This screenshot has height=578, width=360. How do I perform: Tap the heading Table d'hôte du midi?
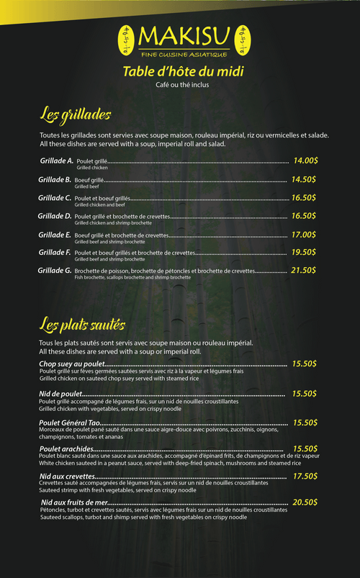click(183, 71)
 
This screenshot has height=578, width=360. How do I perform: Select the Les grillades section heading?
click(75, 114)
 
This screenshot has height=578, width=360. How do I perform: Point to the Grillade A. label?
click(56, 161)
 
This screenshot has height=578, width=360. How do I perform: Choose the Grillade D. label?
click(55, 216)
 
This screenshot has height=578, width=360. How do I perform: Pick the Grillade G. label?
click(55, 271)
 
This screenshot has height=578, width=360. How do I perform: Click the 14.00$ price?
click(305, 161)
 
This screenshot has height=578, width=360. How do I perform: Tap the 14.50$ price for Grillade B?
click(304, 179)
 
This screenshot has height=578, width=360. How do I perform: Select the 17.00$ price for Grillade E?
click(304, 235)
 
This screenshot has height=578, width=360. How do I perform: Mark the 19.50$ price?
click(304, 253)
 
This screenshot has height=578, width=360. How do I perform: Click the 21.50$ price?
click(304, 271)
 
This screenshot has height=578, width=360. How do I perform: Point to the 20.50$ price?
click(305, 502)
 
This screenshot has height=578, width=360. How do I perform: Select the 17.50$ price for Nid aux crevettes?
click(305, 477)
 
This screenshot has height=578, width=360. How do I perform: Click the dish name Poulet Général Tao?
click(69, 423)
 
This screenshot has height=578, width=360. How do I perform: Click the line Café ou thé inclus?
click(183, 85)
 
